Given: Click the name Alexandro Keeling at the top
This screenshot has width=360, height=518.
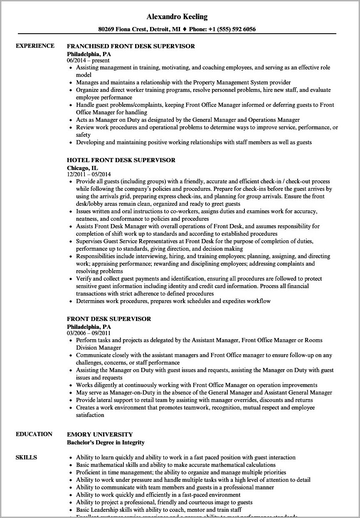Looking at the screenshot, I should [177, 17].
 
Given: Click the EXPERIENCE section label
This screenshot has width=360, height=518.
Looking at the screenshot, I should [35, 46].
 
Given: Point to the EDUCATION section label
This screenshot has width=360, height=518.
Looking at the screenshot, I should [34, 434].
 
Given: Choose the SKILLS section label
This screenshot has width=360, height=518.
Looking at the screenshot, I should [26, 457].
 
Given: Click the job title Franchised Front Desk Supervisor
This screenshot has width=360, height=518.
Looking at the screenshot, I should [131, 46].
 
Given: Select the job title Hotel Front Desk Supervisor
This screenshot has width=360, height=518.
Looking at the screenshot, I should [121, 160].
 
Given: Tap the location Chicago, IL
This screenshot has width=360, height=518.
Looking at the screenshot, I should [84, 168].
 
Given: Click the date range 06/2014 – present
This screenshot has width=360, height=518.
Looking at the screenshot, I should [88, 60].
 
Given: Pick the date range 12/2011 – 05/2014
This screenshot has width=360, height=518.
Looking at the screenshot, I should [89, 174].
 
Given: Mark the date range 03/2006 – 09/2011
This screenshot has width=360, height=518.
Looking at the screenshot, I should [89, 333].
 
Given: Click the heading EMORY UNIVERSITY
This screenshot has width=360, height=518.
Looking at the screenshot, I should [100, 434].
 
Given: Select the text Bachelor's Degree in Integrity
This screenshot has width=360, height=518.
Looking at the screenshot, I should [106, 442].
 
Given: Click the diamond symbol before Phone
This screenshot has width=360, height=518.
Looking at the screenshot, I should [185, 29].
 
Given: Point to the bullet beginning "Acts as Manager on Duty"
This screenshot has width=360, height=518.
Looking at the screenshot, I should [187, 120].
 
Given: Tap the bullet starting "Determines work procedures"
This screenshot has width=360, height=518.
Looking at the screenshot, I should [173, 301].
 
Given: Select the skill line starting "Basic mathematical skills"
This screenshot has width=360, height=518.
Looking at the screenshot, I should [175, 465].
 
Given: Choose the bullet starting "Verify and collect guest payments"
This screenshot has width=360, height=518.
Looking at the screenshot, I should [199, 279].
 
